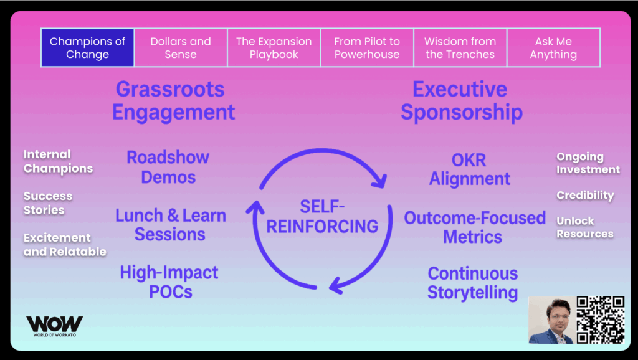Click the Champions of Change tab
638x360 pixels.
point(87,48)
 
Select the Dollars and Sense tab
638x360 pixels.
point(181,48)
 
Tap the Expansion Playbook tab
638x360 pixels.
point(274,48)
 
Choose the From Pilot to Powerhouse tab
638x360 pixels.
point(367,48)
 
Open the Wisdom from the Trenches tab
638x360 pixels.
point(460,48)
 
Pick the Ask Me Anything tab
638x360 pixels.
point(553,48)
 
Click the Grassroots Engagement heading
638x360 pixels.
point(174,100)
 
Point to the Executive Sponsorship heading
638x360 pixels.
point(461,100)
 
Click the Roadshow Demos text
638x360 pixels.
point(168,167)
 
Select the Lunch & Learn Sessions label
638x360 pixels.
point(170,225)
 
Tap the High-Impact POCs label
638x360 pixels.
point(169,282)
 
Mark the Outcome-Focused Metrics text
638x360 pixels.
point(474,227)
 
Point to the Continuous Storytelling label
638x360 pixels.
point(473,283)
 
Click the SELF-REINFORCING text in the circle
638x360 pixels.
point(322,216)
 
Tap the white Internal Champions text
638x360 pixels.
point(58,161)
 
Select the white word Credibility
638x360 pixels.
point(585,195)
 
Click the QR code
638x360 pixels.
point(600,320)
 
